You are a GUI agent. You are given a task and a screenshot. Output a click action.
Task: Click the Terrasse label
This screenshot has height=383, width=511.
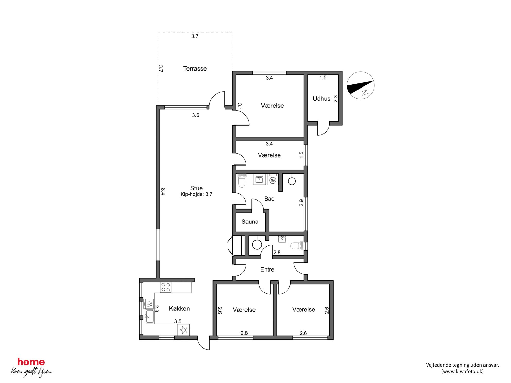click(x=195, y=69)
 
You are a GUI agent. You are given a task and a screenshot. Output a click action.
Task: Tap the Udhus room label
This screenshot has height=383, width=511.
click(x=321, y=99)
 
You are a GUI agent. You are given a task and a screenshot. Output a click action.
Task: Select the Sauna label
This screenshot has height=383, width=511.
click(x=250, y=222)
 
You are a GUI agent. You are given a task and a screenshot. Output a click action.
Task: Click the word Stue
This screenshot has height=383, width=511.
click(x=196, y=188)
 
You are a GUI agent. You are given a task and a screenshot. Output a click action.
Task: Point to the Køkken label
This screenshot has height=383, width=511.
click(x=179, y=308)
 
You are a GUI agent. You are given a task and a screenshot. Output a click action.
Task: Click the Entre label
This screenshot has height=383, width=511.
click(x=267, y=269)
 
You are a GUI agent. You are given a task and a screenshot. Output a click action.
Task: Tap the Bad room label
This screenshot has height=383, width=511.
click(x=269, y=199)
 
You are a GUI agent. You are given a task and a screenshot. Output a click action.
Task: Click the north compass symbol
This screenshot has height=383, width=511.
click(x=361, y=85)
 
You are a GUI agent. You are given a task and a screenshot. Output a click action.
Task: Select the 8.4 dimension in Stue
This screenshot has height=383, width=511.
click(x=163, y=191)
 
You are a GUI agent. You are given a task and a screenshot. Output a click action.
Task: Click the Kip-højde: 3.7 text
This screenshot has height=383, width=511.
click(x=196, y=194)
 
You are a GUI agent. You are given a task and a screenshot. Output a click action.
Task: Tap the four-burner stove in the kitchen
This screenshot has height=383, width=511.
click(x=166, y=288)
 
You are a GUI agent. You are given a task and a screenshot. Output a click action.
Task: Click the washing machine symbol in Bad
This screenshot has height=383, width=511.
click(x=273, y=179)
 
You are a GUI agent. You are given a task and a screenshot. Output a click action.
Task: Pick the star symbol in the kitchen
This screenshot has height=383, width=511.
click(x=183, y=330)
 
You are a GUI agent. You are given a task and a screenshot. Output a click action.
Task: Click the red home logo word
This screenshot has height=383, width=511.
click(x=31, y=362)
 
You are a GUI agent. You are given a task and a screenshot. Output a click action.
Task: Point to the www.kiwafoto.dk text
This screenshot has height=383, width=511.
click(x=462, y=371)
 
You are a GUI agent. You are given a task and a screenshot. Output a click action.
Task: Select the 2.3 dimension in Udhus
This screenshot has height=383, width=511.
click(x=335, y=99)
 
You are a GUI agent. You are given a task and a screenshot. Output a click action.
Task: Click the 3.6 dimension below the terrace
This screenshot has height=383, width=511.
click(x=195, y=115)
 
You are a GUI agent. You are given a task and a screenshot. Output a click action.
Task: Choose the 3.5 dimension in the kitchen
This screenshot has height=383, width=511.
click(x=178, y=321)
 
